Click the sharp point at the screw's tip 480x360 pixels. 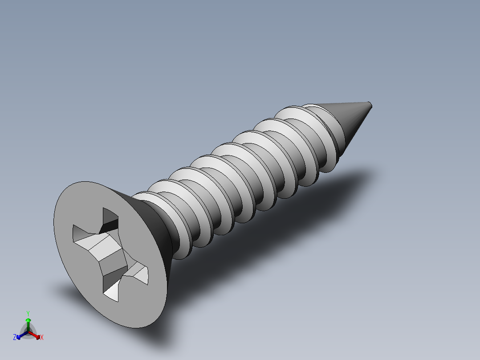pos(370,105)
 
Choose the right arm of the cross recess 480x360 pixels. pos(139,273)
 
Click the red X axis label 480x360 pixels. pos(42,337)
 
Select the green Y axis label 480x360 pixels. pos(28,313)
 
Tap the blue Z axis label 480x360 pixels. pos(15,337)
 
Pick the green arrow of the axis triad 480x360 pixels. pos(28,323)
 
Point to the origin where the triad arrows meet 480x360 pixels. pos(28,331)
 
